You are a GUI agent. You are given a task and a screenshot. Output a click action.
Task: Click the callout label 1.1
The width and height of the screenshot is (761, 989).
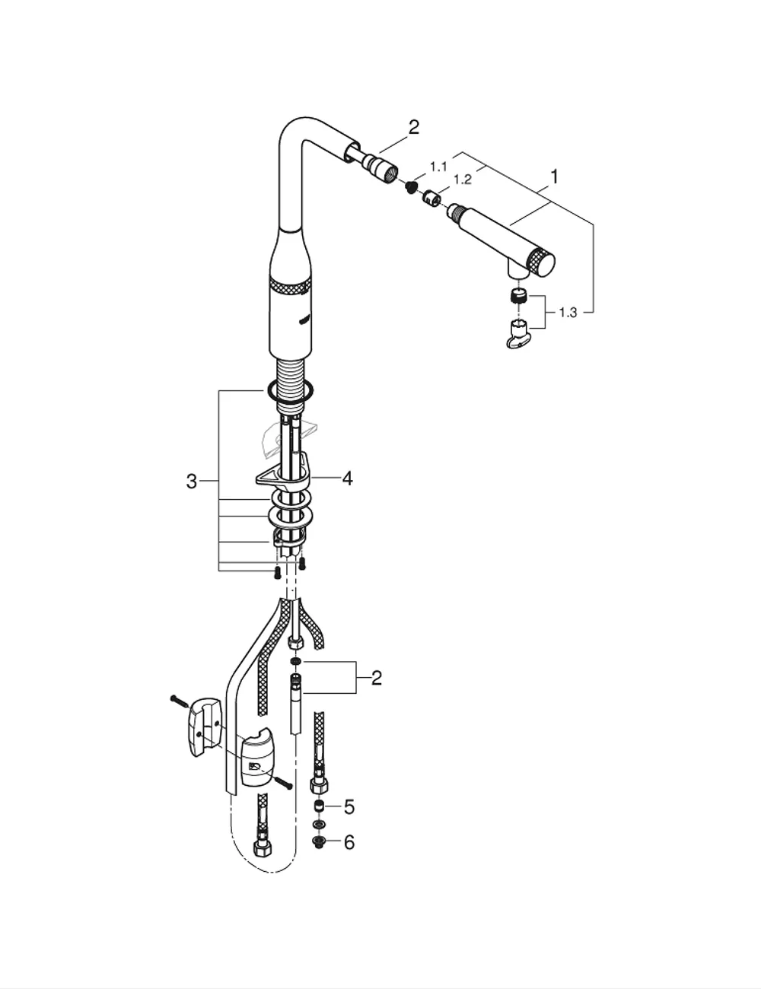(x=438, y=167)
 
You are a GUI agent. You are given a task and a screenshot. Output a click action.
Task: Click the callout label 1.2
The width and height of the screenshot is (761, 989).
(x=462, y=180)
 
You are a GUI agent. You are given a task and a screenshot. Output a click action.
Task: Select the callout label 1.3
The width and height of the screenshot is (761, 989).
(x=568, y=313)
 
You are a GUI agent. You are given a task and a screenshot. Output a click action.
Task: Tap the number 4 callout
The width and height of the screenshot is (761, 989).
(x=347, y=479)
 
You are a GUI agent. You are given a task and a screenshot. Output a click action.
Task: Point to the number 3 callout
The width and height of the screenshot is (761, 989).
(x=192, y=481)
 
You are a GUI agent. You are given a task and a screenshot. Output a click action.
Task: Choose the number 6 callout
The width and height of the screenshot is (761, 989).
(x=349, y=842)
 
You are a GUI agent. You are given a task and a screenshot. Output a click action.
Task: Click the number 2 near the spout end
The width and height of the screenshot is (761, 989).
(x=413, y=128)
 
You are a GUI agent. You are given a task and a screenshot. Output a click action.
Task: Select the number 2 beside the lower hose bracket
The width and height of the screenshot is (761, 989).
(x=377, y=679)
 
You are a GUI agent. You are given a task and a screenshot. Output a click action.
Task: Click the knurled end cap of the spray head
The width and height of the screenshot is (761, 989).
(x=541, y=262)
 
